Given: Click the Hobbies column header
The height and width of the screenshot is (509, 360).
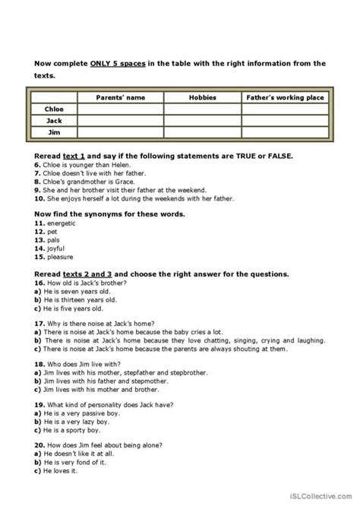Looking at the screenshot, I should pos(202,98).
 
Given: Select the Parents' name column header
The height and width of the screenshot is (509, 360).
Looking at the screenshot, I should pos(120,98).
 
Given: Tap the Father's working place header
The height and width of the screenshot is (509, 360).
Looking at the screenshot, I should pos(285,98).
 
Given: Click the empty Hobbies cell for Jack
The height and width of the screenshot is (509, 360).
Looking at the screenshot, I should pos(202,121).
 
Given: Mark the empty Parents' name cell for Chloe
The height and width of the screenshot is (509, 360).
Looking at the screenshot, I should pos(120,109).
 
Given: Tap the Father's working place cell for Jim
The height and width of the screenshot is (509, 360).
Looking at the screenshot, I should pos(285,132).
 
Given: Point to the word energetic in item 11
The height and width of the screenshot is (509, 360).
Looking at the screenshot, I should pos(63,223).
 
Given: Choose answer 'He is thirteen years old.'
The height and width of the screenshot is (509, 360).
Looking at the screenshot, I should pos(76,299).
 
